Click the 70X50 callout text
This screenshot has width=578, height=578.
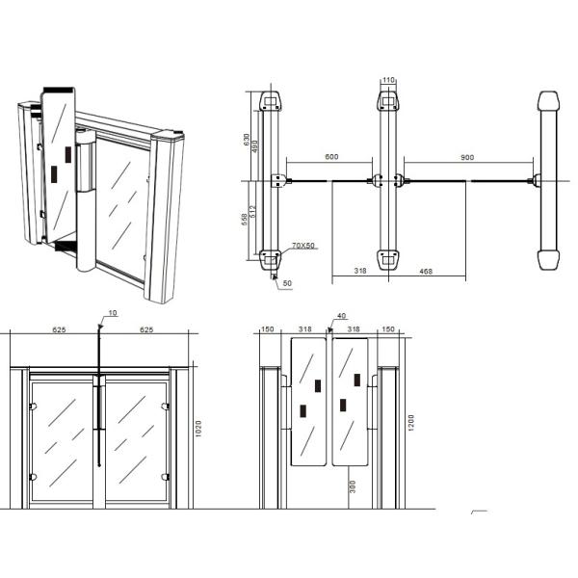click(x=304, y=246)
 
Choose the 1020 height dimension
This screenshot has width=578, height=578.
click(x=198, y=429)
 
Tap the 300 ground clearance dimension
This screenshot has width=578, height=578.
click(x=353, y=487)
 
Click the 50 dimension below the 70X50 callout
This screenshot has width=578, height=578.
click(x=287, y=284)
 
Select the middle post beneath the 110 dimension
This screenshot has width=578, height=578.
click(x=388, y=180)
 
